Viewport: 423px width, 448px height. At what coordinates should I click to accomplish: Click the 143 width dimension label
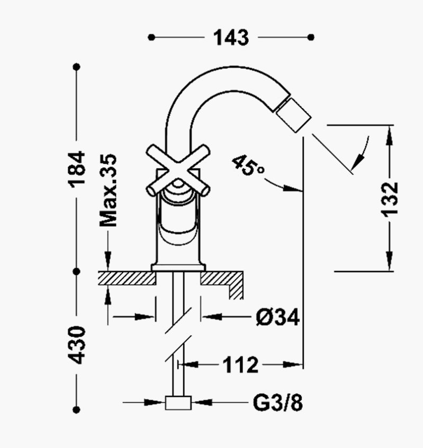[231, 38]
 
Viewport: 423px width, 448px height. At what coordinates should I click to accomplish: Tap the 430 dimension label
[77, 345]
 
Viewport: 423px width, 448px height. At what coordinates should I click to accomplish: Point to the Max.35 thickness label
[108, 190]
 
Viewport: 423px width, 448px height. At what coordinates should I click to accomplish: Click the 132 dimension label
[389, 199]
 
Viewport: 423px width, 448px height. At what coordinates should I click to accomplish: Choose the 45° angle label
[248, 165]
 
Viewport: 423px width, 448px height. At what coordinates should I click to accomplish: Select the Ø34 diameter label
[278, 317]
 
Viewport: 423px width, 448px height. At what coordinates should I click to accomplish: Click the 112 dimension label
[240, 365]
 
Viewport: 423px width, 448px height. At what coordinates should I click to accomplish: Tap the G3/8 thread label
[278, 403]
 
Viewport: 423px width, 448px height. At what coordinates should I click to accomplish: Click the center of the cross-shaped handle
[178, 171]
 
